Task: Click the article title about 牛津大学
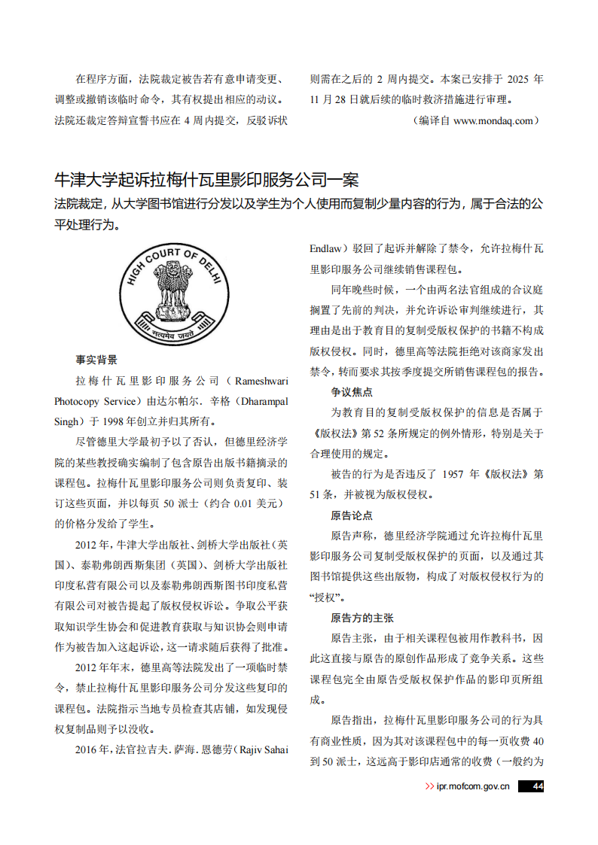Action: click(x=206, y=180)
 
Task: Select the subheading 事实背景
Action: click(x=96, y=360)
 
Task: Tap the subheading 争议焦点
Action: click(x=352, y=392)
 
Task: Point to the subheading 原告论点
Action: click(x=352, y=515)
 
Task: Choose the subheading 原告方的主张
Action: click(x=362, y=618)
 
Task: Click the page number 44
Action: click(x=537, y=786)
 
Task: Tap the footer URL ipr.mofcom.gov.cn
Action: click(x=473, y=786)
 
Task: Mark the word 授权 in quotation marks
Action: click(x=326, y=597)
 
